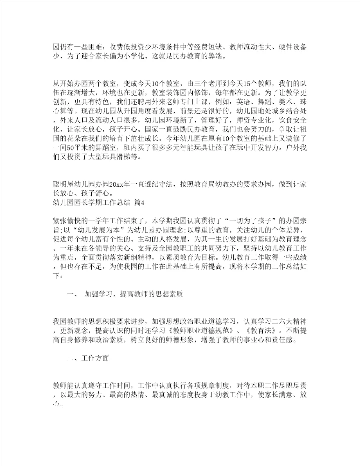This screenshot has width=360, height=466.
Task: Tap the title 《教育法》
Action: pyautogui.click(x=261, y=331)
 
